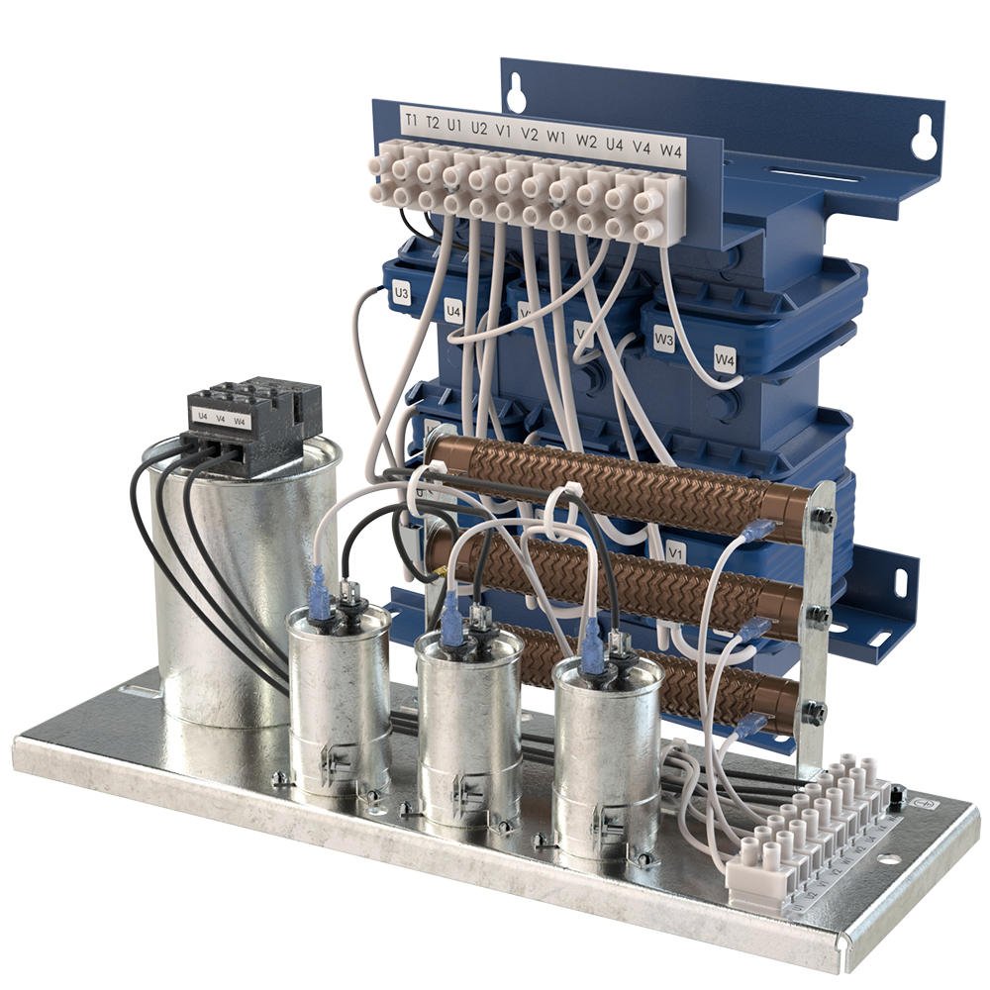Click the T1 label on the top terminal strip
pyautogui.click(x=411, y=120)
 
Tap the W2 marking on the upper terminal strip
pyautogui.click(x=587, y=140)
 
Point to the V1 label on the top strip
pyautogui.click(x=503, y=130)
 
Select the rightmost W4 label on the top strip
pyautogui.click(x=671, y=150)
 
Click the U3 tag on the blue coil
pyautogui.click(x=401, y=293)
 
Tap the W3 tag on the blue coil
pyautogui.click(x=664, y=341)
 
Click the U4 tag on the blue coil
pyautogui.click(x=453, y=313)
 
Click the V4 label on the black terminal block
pyautogui.click(x=221, y=420)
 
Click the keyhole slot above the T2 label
pyautogui.click(x=514, y=94)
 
